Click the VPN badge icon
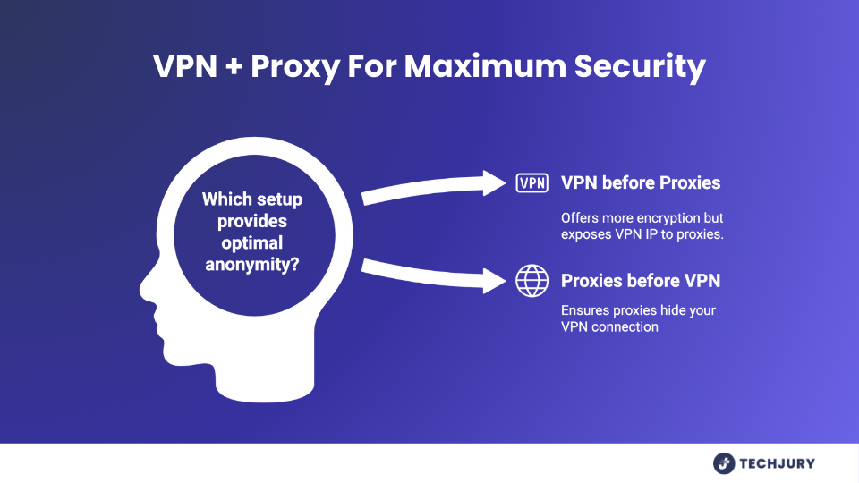[532, 183]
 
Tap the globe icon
[532, 282]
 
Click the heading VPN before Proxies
[641, 183]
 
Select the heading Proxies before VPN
[641, 282]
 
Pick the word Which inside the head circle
[224, 199]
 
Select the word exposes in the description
[586, 234]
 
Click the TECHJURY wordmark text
[777, 463]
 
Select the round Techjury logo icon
[724, 463]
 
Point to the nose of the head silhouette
[144, 291]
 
